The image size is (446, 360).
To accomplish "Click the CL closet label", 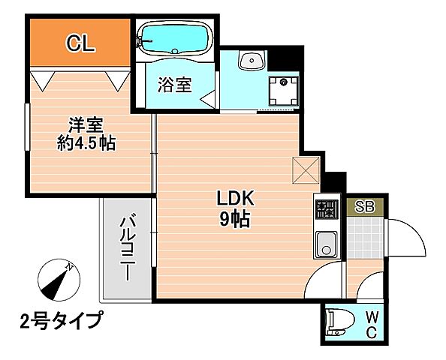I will [x=80, y=43].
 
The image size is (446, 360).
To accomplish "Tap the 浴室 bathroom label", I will [x=174, y=85].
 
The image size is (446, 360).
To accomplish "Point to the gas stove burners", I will [x=327, y=209].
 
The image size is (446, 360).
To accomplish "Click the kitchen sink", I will [x=327, y=244].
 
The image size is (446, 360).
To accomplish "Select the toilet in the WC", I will [x=339, y=322].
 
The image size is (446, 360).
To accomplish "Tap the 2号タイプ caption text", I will [x=60, y=320].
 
